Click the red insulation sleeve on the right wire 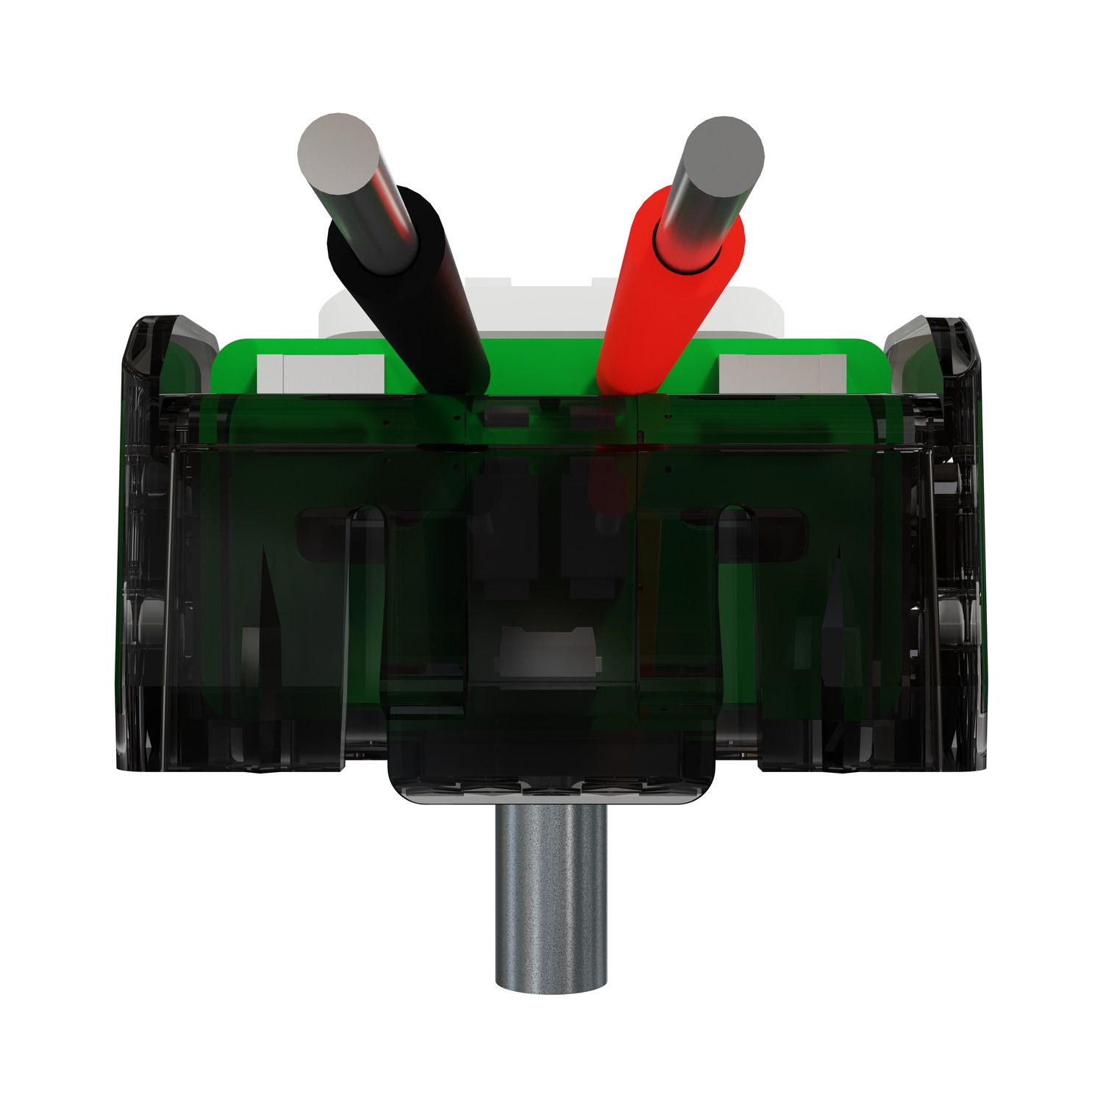pos(665,294)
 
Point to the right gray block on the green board pos(779,374)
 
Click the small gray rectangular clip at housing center pos(548,651)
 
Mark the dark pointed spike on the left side pos(268,610)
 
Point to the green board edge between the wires pos(544,368)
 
